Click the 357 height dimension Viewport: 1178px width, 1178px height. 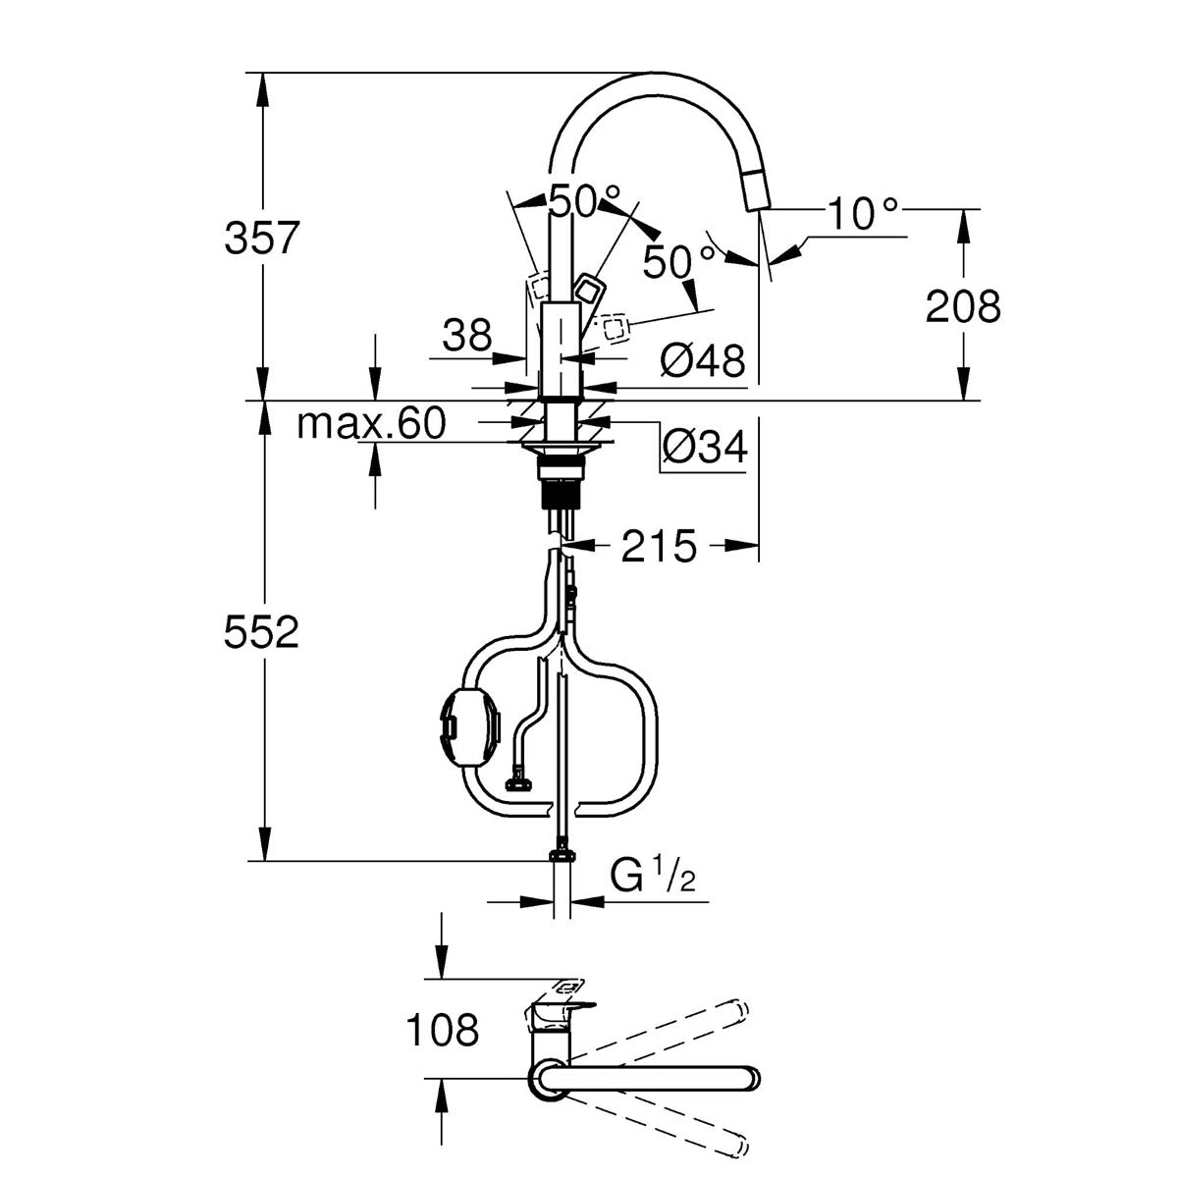pyautogui.click(x=260, y=238)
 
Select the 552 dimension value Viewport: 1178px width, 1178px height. pyautogui.click(x=260, y=633)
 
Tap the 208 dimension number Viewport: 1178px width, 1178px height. pyautogui.click(x=962, y=306)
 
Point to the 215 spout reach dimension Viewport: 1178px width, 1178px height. pyautogui.click(x=658, y=546)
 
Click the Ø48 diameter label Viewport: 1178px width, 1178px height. pyautogui.click(x=703, y=361)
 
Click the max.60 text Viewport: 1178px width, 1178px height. pyautogui.click(x=371, y=423)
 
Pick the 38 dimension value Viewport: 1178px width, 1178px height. pyautogui.click(x=465, y=337)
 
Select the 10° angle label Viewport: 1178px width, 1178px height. pyautogui.click(x=862, y=214)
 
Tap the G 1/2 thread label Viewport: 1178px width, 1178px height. pyautogui.click(x=653, y=875)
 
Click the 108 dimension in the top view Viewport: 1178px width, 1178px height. pyautogui.click(x=441, y=1030)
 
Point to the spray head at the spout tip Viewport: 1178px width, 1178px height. pyautogui.click(x=755, y=189)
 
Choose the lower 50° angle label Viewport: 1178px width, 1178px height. pyautogui.click(x=678, y=261)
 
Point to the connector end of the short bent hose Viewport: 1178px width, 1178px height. pyautogui.click(x=516, y=782)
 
